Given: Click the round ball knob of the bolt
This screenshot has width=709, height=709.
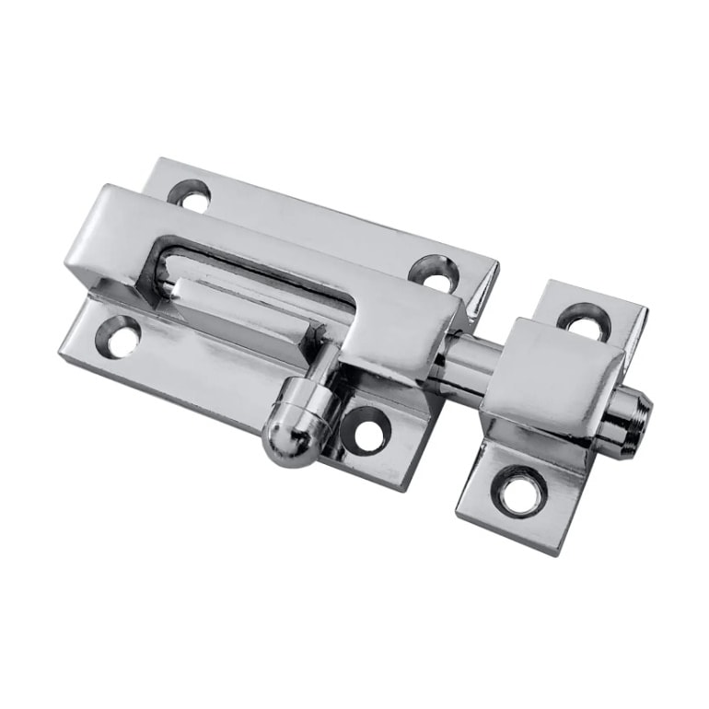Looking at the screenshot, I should (292, 436).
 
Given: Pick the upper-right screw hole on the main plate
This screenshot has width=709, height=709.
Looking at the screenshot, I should (436, 271).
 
